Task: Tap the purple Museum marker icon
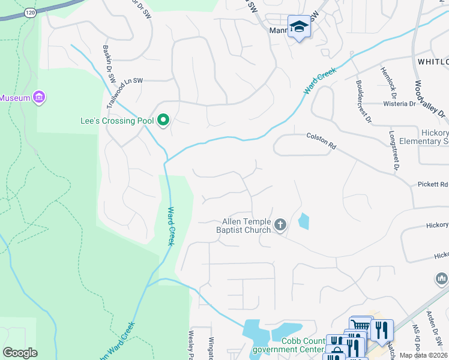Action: pyautogui.click(x=40, y=97)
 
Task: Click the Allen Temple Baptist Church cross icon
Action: pyautogui.click(x=279, y=225)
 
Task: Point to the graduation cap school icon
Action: pyautogui.click(x=298, y=26)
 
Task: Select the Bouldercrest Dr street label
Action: pyautogui.click(x=363, y=101)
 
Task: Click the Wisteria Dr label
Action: pyautogui.click(x=400, y=104)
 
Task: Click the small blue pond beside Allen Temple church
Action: pyautogui.click(x=304, y=221)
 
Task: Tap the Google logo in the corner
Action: pyautogui.click(x=20, y=353)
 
